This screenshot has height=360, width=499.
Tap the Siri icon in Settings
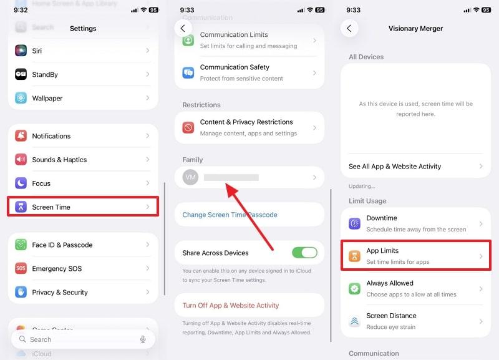21,51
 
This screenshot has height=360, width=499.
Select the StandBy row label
45,74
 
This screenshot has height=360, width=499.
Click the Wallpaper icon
21,98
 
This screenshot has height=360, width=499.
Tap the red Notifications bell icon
21,136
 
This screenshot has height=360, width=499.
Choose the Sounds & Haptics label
59,160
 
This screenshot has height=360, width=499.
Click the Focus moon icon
21,183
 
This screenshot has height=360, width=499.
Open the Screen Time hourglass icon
21,207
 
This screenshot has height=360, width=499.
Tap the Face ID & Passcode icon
21,245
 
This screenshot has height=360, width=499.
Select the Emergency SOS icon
21,269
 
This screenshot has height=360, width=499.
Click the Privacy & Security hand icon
21,292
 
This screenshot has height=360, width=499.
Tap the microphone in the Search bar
143,339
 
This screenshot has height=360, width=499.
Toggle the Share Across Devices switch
304,253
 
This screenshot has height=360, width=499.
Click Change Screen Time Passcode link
230,215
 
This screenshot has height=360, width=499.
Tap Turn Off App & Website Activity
231,306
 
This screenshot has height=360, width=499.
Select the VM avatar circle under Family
191,178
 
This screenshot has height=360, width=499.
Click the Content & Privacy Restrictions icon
188,127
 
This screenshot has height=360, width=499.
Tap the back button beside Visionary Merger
349,28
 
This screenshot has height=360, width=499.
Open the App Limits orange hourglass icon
354,256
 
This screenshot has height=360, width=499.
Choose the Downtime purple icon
354,223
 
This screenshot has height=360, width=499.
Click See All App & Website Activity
395,167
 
